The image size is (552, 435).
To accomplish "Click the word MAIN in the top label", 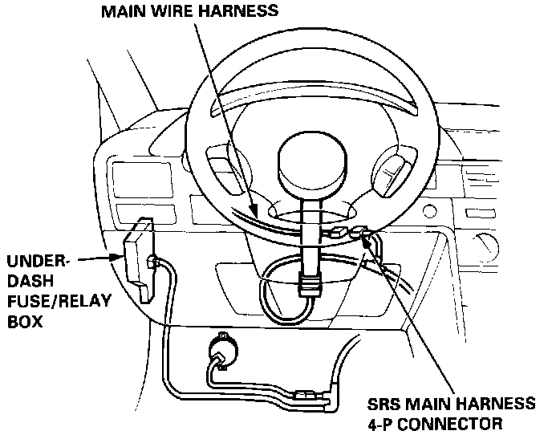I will pos(123,11).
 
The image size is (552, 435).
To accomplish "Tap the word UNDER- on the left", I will pos(38,262).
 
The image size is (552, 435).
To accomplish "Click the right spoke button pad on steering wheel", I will pos(393,168).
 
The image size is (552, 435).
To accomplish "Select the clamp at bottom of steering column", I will pos(309,283).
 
